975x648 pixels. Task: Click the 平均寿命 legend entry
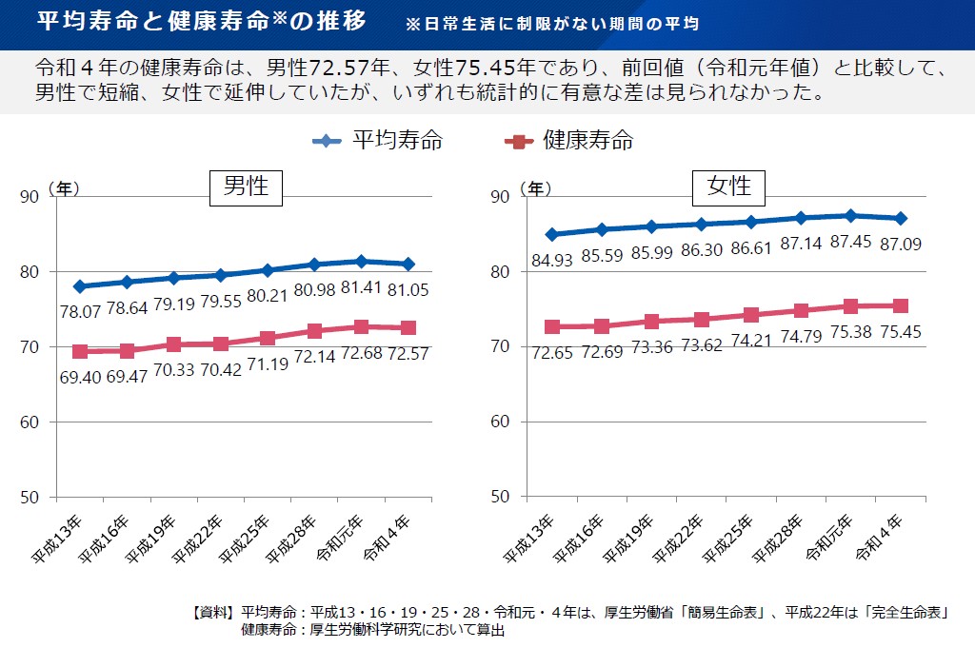click(x=378, y=142)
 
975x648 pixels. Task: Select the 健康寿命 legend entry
click(x=568, y=142)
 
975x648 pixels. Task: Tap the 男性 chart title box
click(x=246, y=187)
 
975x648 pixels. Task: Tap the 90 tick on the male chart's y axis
click(x=30, y=197)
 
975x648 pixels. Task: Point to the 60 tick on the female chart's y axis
click(x=502, y=422)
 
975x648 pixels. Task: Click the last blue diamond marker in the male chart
click(x=408, y=264)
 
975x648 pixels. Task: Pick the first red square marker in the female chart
click(x=552, y=327)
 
